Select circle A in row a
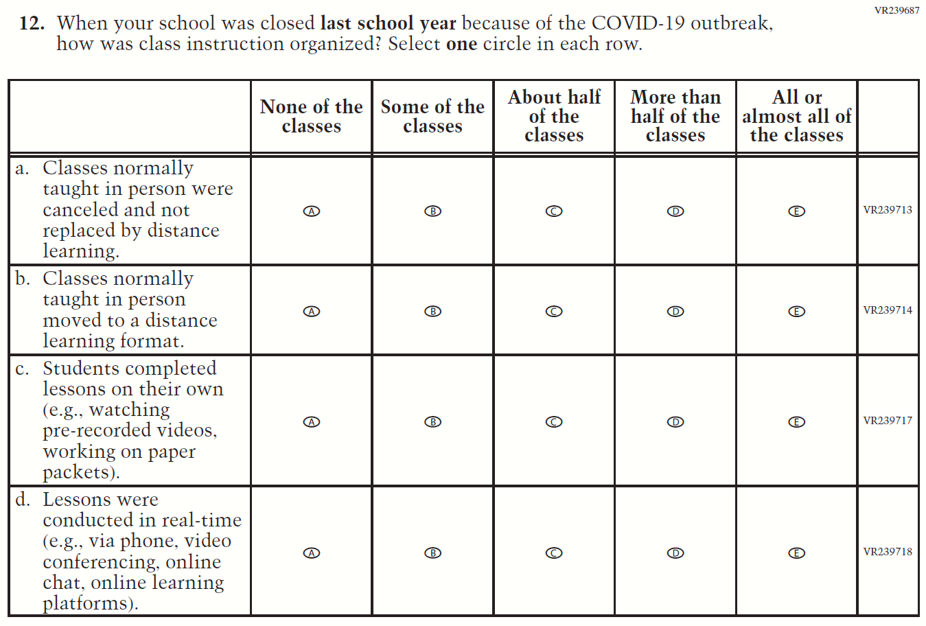[312, 211]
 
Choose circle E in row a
[796, 211]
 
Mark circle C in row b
[554, 312]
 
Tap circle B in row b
[432, 312]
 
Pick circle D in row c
[675, 422]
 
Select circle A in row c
[312, 422]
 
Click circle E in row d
[796, 553]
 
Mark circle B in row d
[432, 553]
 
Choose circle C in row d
[554, 553]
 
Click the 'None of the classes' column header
[312, 117]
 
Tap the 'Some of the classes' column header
[432, 117]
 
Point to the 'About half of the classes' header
[554, 117]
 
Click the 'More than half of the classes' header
[675, 117]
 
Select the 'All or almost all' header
[796, 117]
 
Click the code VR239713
[888, 210]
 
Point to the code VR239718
[888, 552]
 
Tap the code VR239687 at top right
[896, 10]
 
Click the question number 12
[32, 23]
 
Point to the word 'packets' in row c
[76, 472]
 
